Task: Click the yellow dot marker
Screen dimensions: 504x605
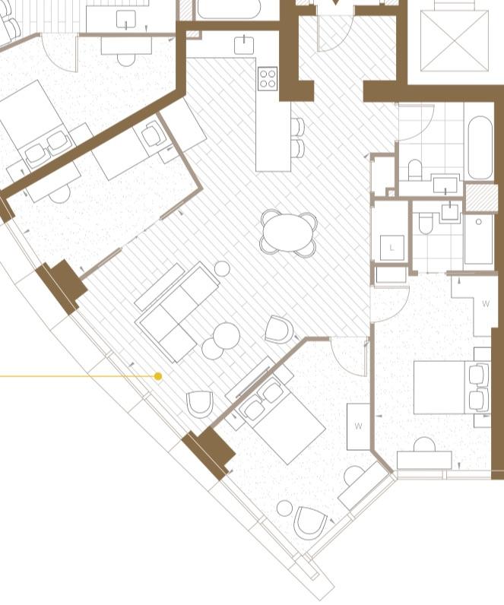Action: pyautogui.click(x=158, y=376)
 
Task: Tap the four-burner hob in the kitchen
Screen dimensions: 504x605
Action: pyautogui.click(x=268, y=79)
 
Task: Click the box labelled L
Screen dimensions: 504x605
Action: pyautogui.click(x=392, y=248)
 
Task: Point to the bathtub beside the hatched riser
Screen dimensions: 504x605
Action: pyautogui.click(x=480, y=147)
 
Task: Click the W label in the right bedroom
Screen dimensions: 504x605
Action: pyautogui.click(x=486, y=304)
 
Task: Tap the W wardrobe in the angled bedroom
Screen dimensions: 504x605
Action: pyautogui.click(x=359, y=426)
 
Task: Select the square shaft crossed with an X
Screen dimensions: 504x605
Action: pyautogui.click(x=455, y=41)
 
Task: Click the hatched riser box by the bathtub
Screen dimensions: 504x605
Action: pyautogui.click(x=481, y=197)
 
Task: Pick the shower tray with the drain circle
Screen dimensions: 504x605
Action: pyautogui.click(x=478, y=239)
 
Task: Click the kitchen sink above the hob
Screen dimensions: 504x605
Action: pyautogui.click(x=244, y=45)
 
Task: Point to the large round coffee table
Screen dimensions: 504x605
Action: pyautogui.click(x=227, y=336)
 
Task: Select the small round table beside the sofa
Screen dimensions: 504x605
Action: pyautogui.click(x=222, y=268)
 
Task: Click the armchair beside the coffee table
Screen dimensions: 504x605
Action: pyautogui.click(x=279, y=329)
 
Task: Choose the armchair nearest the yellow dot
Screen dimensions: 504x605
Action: pyautogui.click(x=199, y=404)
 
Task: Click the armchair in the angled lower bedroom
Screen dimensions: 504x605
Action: pyautogui.click(x=310, y=522)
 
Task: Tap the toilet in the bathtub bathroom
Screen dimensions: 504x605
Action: pyautogui.click(x=415, y=170)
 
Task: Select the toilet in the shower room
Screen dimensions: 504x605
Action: pyautogui.click(x=425, y=223)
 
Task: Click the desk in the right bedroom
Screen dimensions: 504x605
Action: pyautogui.click(x=424, y=460)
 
